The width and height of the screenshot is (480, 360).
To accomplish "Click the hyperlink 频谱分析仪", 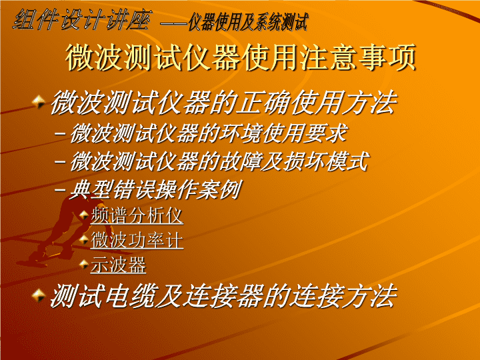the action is (137, 215).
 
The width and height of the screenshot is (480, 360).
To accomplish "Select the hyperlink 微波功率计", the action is (137, 240).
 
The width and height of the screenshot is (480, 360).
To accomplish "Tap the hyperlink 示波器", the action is (118, 265).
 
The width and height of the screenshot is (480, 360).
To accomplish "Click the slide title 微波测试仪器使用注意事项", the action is (241, 57).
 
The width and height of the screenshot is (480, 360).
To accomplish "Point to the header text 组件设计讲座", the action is (81, 19).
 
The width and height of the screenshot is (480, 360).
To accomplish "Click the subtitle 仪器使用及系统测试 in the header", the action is (247, 22).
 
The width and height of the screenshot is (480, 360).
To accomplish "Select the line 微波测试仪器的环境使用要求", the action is (209, 133).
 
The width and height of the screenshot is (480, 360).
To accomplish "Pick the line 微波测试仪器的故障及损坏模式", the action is (219, 161).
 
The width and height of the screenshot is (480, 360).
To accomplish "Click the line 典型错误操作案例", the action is (155, 189).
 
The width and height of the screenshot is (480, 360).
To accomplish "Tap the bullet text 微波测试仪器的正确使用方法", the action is (224, 102).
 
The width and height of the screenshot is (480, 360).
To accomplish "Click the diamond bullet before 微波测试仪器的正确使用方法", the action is (39, 101).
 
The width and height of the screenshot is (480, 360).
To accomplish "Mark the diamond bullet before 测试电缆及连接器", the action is (39, 295).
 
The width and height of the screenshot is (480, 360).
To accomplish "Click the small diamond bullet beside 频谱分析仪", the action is (84, 215).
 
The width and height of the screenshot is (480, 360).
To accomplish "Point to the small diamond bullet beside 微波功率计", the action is (84, 239).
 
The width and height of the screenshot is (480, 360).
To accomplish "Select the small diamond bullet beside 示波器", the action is (84, 264).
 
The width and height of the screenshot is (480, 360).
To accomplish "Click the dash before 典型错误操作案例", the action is (60, 190).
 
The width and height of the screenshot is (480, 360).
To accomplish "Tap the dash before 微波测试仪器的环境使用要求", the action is (60, 134).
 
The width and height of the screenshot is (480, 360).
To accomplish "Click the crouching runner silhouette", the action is (61, 229).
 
